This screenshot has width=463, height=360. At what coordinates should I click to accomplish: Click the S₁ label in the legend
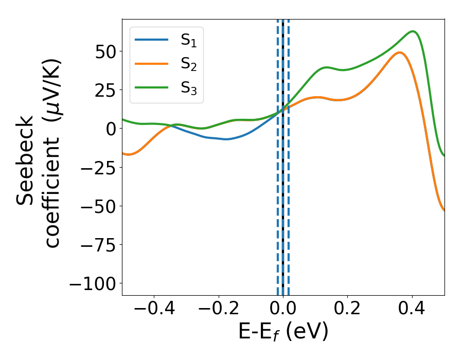point(188,42)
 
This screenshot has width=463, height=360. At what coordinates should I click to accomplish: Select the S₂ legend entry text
point(188,65)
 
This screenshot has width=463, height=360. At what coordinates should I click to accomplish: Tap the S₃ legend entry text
point(188,88)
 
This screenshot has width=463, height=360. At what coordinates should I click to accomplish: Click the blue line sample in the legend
point(151,40)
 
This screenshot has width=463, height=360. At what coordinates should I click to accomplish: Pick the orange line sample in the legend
point(151,64)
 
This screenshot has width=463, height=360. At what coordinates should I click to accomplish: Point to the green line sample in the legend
point(151,87)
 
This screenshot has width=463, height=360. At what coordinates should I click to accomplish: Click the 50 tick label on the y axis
point(105,51)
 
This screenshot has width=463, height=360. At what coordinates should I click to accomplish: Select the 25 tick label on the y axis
point(105,90)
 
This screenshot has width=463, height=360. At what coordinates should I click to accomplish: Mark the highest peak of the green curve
point(413,31)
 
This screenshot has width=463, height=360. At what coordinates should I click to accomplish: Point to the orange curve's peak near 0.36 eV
point(399,52)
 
